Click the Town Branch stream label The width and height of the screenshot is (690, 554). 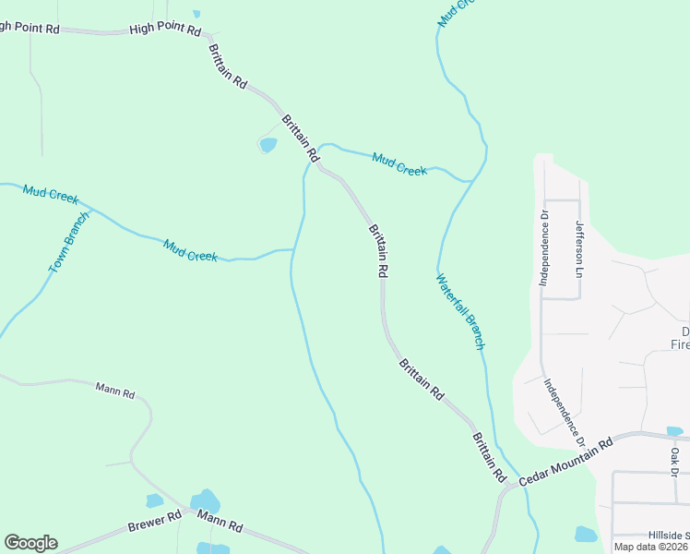(69, 242)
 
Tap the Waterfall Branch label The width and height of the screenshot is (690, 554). (459, 311)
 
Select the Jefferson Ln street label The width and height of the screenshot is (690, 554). (580, 248)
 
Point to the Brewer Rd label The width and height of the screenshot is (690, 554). (155, 523)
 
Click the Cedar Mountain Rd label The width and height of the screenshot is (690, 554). (565, 463)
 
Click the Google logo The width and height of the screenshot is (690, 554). (30, 543)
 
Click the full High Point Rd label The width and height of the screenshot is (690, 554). (165, 30)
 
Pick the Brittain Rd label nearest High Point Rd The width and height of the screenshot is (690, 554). (228, 66)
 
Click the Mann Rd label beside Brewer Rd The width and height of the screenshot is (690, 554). (222, 526)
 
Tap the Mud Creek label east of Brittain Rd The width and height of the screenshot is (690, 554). (399, 165)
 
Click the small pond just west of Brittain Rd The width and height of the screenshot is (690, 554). (268, 144)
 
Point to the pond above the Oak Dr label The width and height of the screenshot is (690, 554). (674, 431)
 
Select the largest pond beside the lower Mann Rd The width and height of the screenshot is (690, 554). (206, 500)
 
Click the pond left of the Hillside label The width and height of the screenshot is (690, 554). (586, 534)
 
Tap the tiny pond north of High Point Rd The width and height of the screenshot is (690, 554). (196, 14)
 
